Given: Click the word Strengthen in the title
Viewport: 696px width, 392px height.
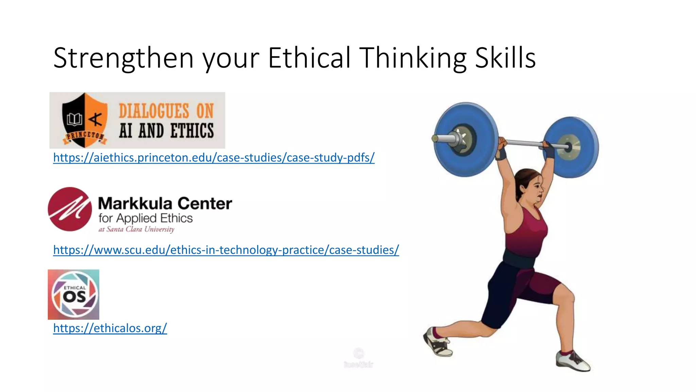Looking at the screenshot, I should click(123, 58).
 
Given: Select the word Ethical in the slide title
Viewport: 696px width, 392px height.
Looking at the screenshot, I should click(309, 58).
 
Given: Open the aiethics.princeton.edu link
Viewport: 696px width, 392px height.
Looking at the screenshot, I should click(214, 158).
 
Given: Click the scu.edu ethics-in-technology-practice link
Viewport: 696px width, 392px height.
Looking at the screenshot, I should click(226, 250).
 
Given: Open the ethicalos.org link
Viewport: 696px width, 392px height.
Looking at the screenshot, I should click(110, 328).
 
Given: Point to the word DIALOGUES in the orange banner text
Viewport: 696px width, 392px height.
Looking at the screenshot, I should click(154, 111).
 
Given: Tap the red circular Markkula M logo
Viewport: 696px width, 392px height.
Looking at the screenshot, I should click(70, 209).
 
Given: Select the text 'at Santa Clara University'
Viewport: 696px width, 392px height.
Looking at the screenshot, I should click(136, 229).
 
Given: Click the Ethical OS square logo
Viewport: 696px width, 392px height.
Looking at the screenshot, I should click(73, 295).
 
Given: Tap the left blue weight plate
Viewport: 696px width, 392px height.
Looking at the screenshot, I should click(466, 140).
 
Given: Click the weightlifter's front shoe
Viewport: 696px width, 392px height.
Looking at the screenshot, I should click(573, 361).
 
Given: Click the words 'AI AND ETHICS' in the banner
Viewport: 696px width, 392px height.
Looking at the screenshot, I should click(166, 131).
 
